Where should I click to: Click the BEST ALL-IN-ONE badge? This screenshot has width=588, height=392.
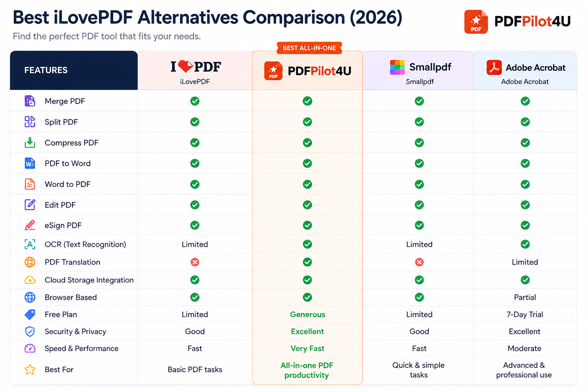309,48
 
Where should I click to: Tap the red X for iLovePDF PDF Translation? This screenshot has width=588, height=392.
195,262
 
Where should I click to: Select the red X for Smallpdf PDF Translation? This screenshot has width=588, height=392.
419,262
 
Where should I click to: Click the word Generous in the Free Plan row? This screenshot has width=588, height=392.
307,314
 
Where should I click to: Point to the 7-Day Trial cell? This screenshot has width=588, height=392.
525,314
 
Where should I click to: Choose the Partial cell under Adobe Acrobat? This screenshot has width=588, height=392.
525,297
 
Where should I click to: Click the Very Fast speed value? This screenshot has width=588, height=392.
307,348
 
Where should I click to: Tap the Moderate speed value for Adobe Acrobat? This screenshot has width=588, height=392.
524,348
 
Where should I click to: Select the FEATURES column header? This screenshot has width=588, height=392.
46,70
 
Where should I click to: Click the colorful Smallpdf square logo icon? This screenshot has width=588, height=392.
397,67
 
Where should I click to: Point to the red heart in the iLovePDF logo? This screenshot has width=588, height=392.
186,66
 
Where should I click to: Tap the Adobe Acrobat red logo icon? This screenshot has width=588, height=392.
494,67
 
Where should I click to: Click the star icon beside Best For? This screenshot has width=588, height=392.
30,369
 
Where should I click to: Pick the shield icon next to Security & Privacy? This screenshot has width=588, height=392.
30,332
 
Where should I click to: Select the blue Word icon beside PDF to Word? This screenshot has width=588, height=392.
30,163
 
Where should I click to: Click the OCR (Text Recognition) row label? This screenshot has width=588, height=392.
85,244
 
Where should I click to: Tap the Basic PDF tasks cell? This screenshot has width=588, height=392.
195,369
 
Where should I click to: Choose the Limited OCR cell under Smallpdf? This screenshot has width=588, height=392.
419,244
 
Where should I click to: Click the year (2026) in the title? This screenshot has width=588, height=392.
376,17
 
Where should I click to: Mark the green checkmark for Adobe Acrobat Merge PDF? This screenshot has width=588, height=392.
525,101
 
